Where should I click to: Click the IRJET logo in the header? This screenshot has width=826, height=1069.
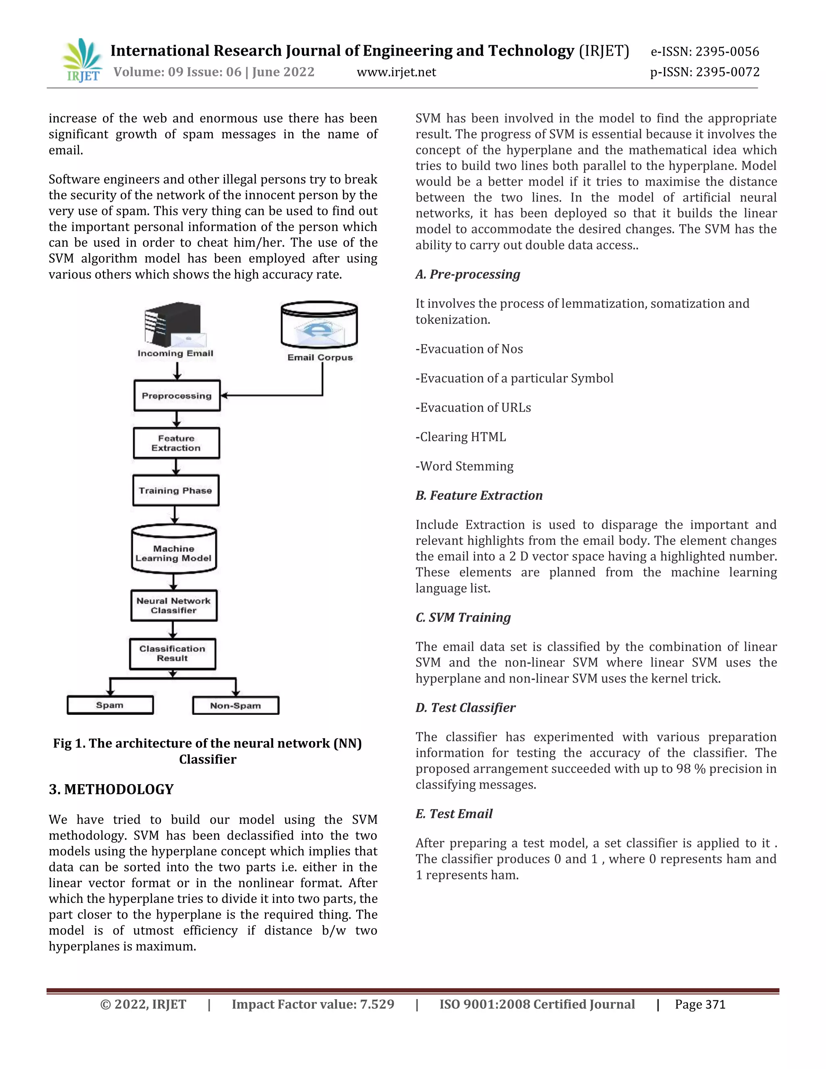pos(82,60)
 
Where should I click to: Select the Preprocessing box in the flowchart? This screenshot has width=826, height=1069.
pos(177,395)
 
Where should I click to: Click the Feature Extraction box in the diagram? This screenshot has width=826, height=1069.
pos(176,443)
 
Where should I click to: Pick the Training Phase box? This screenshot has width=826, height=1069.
pos(176,491)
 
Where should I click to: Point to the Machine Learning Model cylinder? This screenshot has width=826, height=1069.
pos(174,549)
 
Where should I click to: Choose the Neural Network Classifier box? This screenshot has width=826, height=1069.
pos(174,605)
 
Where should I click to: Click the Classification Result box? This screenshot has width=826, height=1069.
pos(172,654)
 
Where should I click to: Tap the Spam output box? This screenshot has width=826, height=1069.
pos(110,705)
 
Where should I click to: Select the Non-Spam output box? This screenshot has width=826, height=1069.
pos(236,705)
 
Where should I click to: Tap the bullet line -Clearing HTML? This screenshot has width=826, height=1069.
pos(461,436)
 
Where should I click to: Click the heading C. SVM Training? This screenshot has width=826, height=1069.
pos(463,617)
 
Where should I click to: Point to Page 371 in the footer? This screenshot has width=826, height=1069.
pos(700,1004)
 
